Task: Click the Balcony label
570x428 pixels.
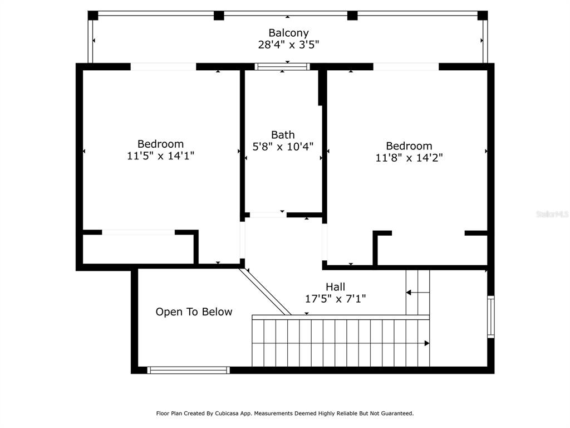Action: pyautogui.click(x=288, y=33)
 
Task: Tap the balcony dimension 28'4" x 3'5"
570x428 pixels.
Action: pyautogui.click(x=288, y=45)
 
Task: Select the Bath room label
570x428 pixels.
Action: pyautogui.click(x=283, y=135)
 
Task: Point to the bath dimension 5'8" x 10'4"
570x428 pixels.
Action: pyautogui.click(x=283, y=147)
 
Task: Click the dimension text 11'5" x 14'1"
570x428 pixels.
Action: pyautogui.click(x=160, y=156)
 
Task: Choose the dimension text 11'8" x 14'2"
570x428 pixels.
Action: pyautogui.click(x=409, y=158)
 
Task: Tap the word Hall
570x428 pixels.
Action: pyautogui.click(x=335, y=287)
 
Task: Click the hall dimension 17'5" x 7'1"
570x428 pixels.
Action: pyautogui.click(x=335, y=299)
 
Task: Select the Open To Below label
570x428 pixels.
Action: pyautogui.click(x=194, y=312)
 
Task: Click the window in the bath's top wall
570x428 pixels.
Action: pyautogui.click(x=282, y=67)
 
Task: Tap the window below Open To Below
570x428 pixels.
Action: pyautogui.click(x=188, y=370)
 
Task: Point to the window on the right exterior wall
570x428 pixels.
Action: pyautogui.click(x=491, y=317)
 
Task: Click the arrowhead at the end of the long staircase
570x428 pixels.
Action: pyautogui.click(x=427, y=343)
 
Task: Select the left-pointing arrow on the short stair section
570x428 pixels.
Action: pyautogui.click(x=417, y=292)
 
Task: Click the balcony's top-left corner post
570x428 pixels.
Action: pyautogui.click(x=93, y=15)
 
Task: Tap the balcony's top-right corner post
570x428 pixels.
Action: pyautogui.click(x=483, y=15)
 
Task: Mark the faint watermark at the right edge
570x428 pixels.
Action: pyautogui.click(x=552, y=215)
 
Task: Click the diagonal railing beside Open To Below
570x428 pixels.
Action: pyautogui.click(x=264, y=291)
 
